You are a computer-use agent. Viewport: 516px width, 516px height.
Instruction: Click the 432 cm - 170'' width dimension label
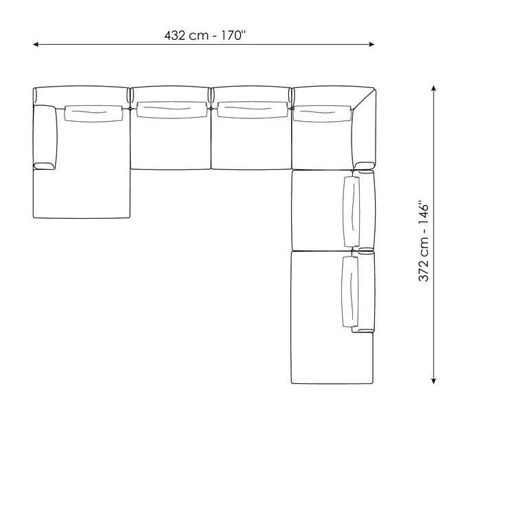205,35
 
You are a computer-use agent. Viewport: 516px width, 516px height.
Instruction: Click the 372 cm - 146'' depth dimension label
424,241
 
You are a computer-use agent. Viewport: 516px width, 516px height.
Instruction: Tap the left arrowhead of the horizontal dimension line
36,44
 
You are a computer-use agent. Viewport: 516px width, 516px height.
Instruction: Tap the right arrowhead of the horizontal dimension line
372,44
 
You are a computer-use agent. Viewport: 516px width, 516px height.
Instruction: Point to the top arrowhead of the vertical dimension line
433,88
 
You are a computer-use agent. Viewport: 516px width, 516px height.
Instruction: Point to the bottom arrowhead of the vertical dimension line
433,380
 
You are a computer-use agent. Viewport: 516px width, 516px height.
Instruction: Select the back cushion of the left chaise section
94,114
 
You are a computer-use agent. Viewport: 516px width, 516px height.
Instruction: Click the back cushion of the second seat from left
171,110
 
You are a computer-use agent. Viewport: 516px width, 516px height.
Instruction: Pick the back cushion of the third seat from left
252,110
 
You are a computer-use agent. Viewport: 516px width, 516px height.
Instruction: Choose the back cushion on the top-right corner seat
322,114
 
